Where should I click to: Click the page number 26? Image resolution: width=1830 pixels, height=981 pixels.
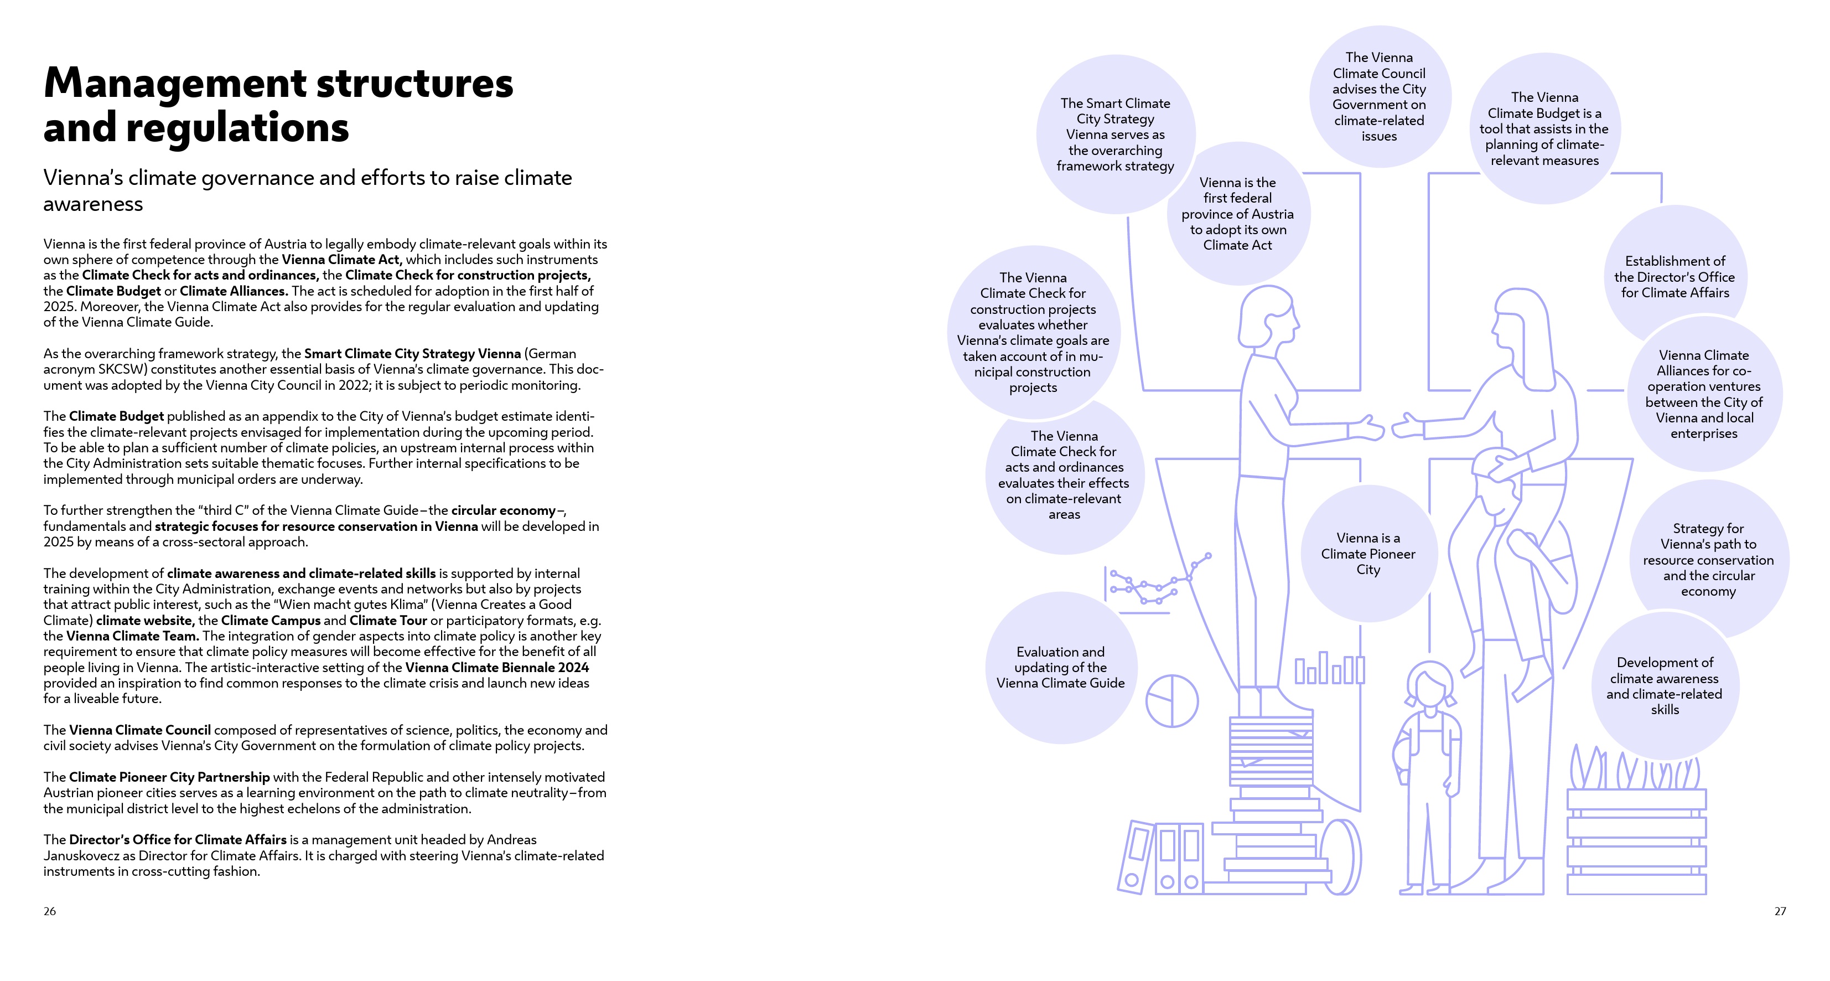(50, 911)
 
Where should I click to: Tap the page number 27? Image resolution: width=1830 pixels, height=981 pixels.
(1780, 911)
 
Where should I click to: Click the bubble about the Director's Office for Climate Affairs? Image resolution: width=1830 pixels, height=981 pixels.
(1675, 276)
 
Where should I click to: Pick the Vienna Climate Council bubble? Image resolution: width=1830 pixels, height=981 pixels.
(1379, 97)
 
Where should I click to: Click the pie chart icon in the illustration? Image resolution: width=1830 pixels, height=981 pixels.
(1171, 701)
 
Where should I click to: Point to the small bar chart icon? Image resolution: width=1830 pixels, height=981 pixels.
(1329, 668)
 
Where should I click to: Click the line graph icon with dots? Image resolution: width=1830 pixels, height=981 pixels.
(1159, 582)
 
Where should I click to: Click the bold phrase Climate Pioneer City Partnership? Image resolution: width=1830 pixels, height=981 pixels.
(169, 777)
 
